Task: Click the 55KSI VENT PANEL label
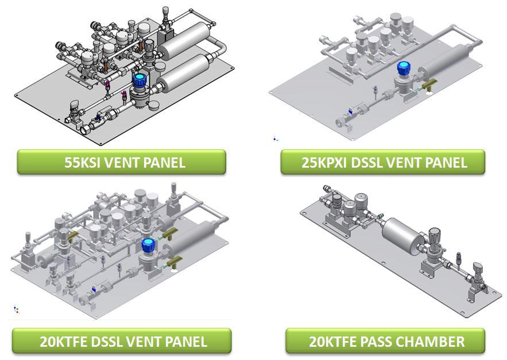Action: point(121,162)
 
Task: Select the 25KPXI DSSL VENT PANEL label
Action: point(383,162)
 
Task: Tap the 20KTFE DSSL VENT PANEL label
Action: point(122,342)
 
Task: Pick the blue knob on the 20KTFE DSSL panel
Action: point(149,245)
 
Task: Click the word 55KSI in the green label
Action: point(82,162)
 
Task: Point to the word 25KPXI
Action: point(324,162)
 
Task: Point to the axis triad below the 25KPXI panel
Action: point(275,138)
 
